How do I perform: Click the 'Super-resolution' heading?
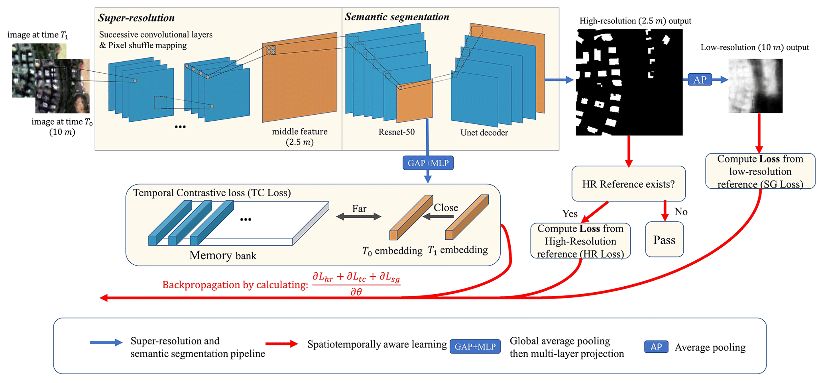click(x=136, y=18)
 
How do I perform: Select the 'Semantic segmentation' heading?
click(x=397, y=17)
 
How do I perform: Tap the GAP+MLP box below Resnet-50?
click(x=428, y=163)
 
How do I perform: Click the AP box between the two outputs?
click(x=700, y=80)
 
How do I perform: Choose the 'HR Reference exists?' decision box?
click(x=628, y=184)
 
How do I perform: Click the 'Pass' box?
click(x=664, y=240)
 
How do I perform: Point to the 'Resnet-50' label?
click(x=396, y=132)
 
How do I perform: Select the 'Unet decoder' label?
click(x=484, y=133)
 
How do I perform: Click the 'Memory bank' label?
click(x=222, y=255)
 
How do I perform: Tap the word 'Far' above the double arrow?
click(x=359, y=209)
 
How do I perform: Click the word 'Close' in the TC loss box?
click(x=446, y=207)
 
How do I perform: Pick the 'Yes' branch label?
click(x=570, y=214)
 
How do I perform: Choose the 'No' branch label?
click(x=681, y=212)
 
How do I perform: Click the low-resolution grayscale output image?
click(x=755, y=86)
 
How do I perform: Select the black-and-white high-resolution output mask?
click(x=629, y=82)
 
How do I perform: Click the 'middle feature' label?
click(x=300, y=132)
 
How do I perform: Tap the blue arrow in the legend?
click(x=106, y=343)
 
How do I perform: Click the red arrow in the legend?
click(x=281, y=344)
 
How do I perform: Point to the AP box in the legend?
click(x=656, y=347)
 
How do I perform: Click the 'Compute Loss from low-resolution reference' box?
click(x=760, y=171)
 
